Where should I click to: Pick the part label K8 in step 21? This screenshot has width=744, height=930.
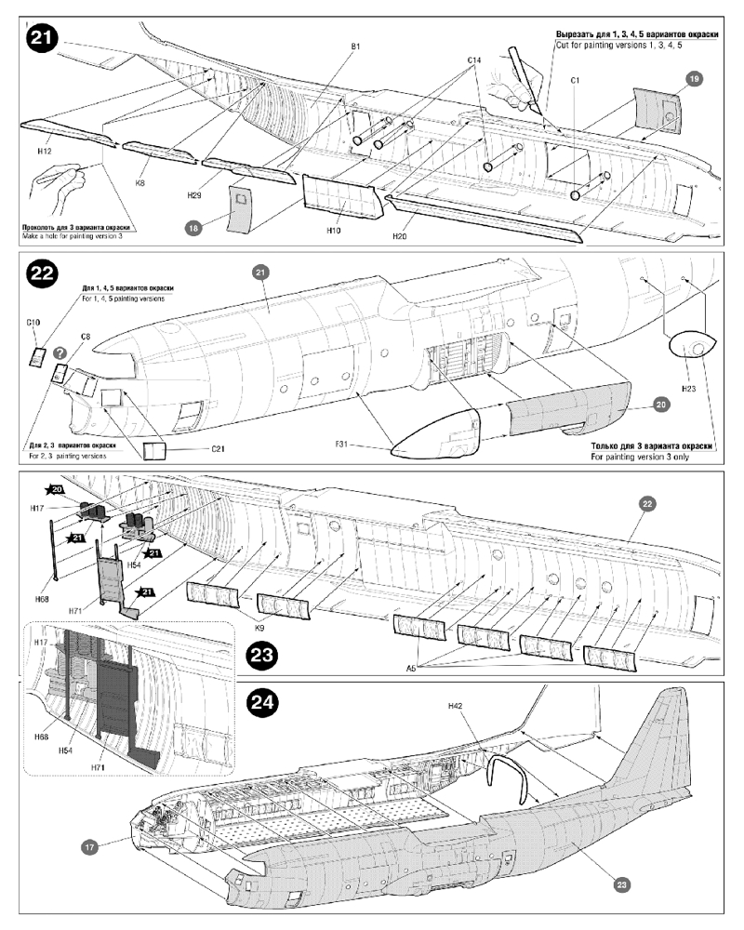(x=139, y=183)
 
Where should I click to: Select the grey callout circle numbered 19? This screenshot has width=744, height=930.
(x=694, y=79)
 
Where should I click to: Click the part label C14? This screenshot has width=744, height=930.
(x=473, y=60)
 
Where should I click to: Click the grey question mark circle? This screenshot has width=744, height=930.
(x=60, y=353)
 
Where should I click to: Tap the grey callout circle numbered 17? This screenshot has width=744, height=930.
(x=89, y=847)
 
